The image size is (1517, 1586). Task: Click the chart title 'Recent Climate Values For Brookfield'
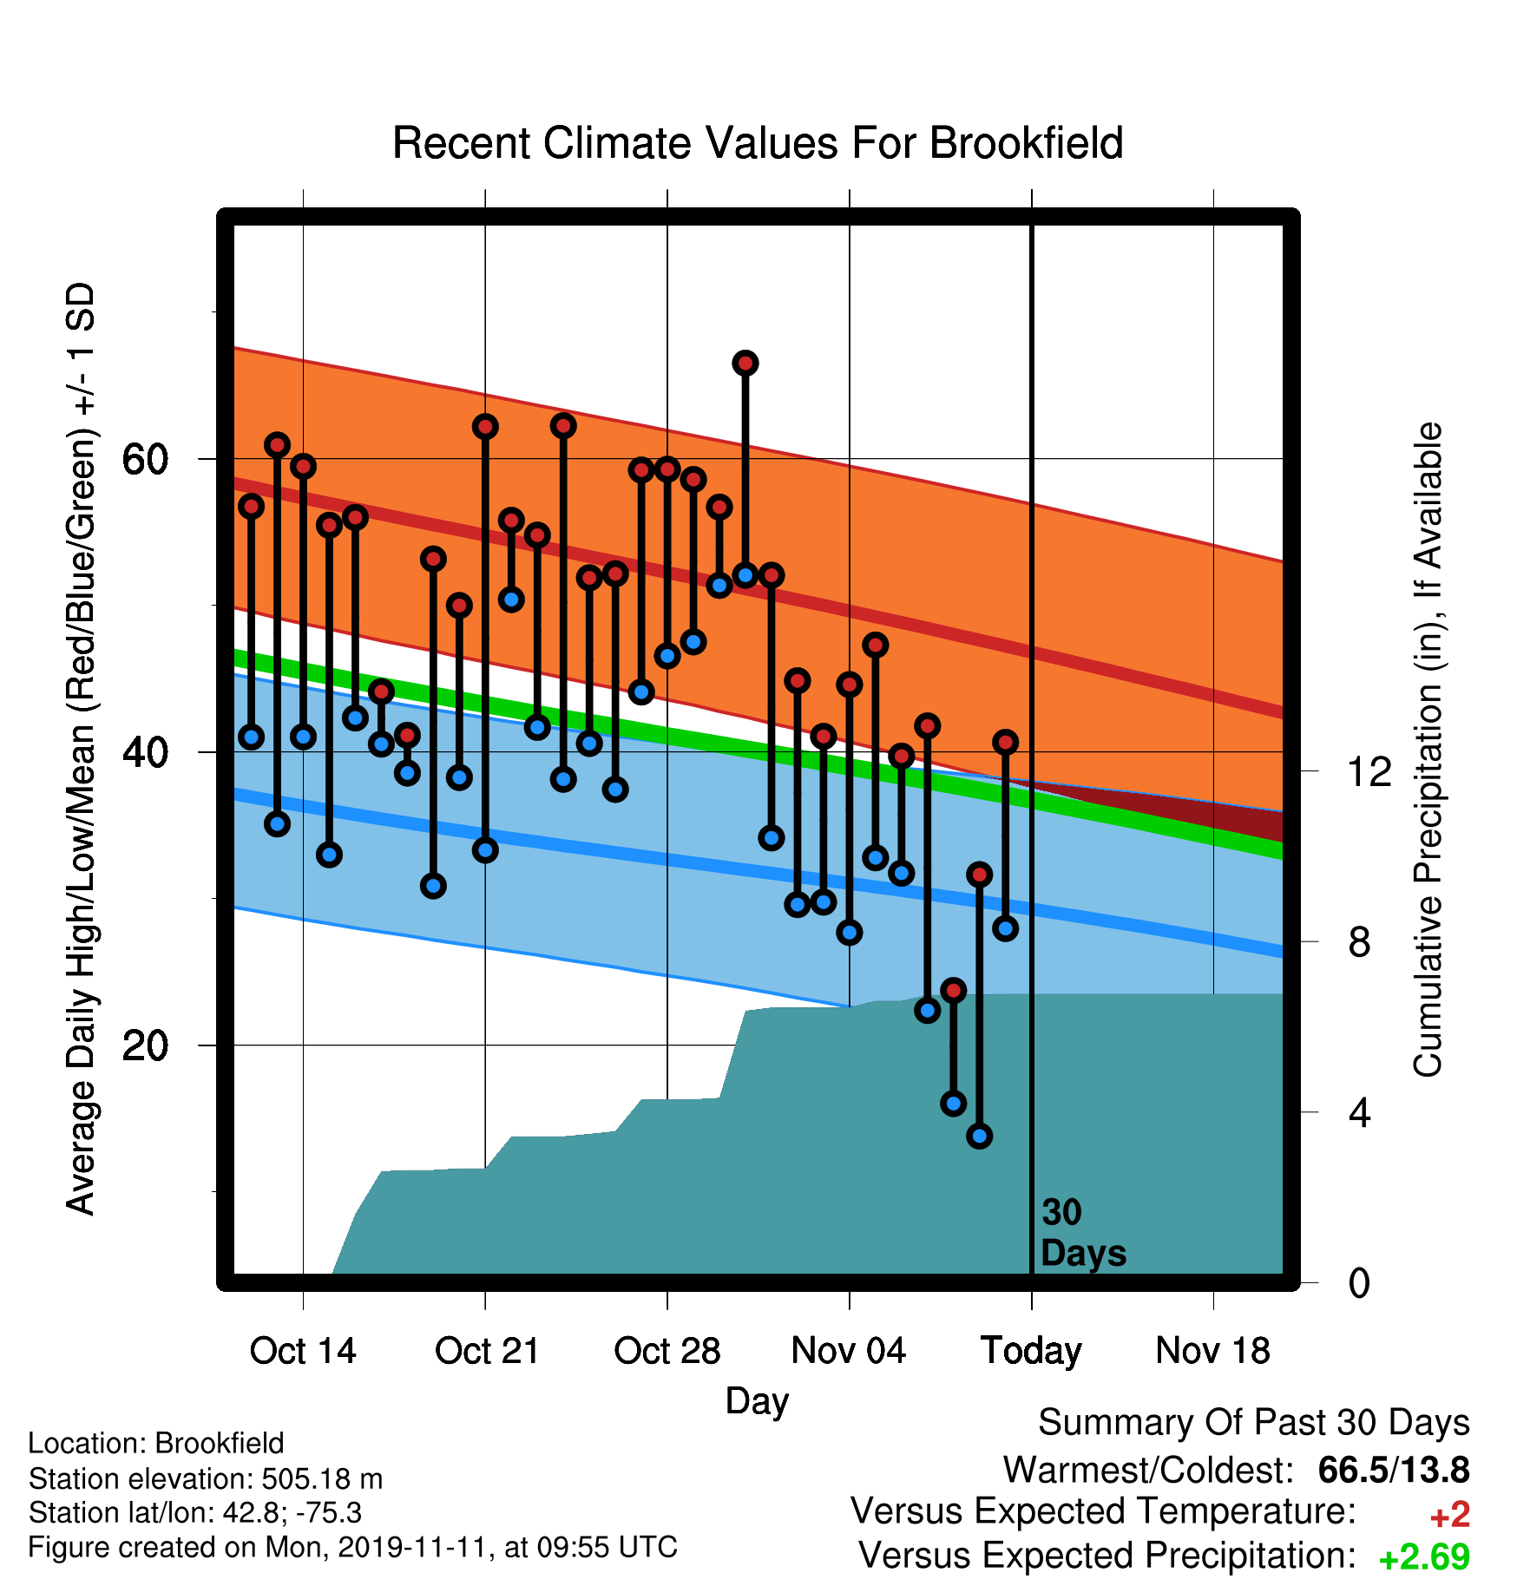point(758,143)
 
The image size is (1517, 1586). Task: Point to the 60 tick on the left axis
point(145,459)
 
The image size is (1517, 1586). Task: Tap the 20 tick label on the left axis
point(145,1045)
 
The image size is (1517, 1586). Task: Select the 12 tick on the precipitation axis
point(1369,771)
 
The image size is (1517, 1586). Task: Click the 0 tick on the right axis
point(1359,1282)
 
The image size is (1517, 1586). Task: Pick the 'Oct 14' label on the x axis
point(303,1351)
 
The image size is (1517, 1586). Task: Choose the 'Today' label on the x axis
point(1031,1352)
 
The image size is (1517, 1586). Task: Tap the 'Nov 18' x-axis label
point(1213,1351)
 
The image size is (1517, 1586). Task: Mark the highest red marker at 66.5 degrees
point(745,363)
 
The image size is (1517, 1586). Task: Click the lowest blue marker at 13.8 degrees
point(980,1136)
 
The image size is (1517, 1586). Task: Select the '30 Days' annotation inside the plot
point(1083,1233)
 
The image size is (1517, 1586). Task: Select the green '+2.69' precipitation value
point(1424,1557)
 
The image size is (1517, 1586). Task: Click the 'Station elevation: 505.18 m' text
point(206,1478)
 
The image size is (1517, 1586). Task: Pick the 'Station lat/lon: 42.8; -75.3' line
point(195,1513)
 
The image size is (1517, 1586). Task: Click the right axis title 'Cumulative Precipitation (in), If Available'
point(1428,750)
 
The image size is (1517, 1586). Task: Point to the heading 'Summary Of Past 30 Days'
point(1254,1423)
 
